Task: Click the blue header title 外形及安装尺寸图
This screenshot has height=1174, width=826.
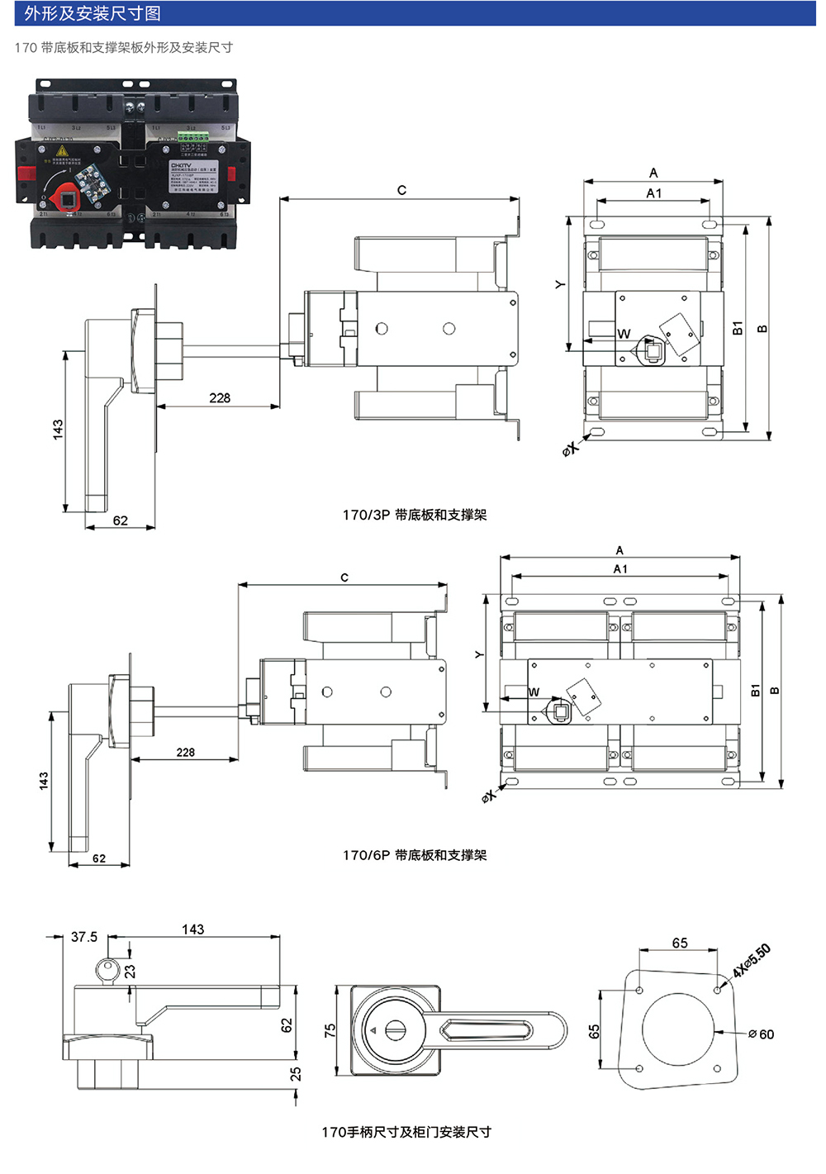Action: point(93,13)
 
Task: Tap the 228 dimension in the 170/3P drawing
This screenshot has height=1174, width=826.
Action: point(220,398)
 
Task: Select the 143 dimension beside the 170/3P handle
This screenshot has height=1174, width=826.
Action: point(58,429)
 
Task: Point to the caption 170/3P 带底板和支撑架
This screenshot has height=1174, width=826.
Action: point(415,515)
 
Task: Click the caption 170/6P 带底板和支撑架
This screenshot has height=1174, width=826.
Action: point(415,855)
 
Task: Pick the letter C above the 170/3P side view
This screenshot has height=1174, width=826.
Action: point(401,190)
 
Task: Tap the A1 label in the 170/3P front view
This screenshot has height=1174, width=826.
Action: point(654,193)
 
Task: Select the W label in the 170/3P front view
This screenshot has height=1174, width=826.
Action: point(624,334)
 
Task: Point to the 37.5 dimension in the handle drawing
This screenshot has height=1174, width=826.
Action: point(84,937)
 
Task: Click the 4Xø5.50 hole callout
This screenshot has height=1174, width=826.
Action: point(752,960)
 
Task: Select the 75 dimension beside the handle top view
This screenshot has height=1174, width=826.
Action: point(330,1030)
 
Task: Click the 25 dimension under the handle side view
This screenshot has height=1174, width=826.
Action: point(296,1074)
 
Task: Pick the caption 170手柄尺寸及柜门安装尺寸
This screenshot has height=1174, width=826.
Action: point(406,1132)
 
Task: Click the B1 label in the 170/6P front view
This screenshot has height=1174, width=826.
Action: point(755,690)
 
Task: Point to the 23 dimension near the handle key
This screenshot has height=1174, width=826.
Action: point(130,972)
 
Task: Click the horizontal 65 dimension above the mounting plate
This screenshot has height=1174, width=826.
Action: point(680,943)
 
